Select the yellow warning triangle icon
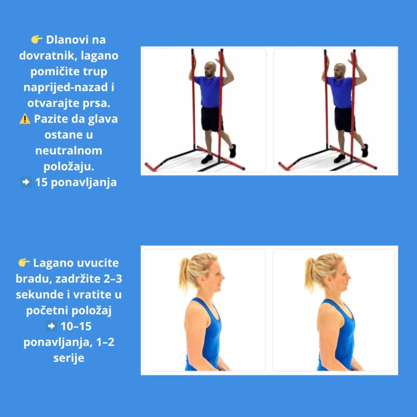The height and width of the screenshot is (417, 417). (25, 119)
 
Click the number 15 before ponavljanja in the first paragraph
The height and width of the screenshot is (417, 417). (41, 182)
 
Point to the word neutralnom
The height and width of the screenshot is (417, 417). (69, 151)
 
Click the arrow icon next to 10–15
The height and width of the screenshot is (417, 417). (52, 326)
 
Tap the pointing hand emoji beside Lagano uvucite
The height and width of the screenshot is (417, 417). (24, 262)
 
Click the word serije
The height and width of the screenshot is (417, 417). (69, 358)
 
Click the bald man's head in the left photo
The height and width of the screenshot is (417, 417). (210, 69)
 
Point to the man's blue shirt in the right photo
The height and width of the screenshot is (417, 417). (341, 92)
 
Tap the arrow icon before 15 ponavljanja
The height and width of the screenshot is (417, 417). (26, 182)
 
